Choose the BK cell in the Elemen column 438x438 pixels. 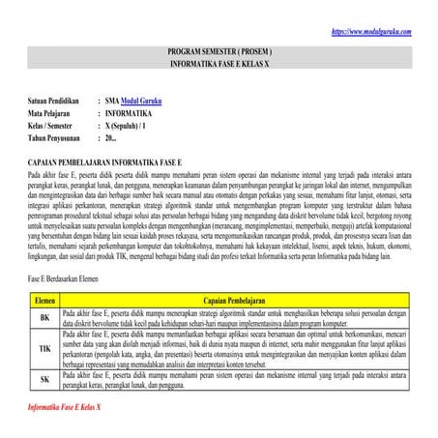44,317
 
